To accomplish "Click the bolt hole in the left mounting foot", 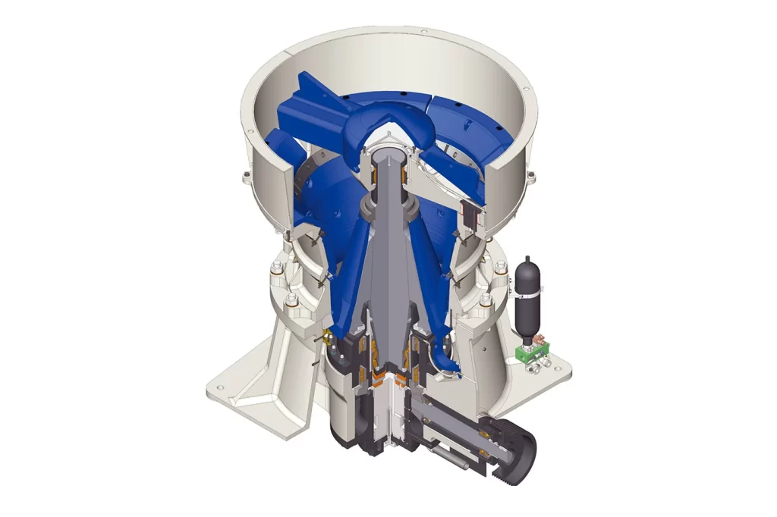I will click(x=221, y=388).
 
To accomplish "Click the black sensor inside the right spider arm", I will click(x=473, y=215).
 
